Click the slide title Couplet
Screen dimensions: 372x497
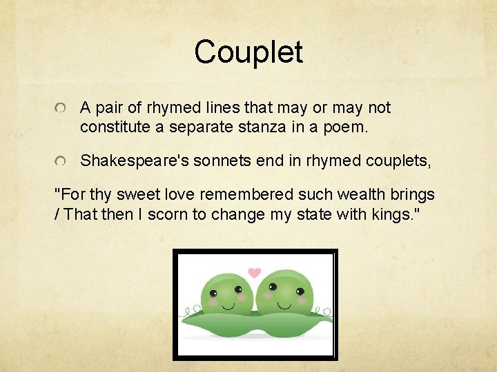coord(248,52)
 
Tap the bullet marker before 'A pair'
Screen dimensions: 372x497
coord(62,110)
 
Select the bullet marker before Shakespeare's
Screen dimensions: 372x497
coord(62,163)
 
